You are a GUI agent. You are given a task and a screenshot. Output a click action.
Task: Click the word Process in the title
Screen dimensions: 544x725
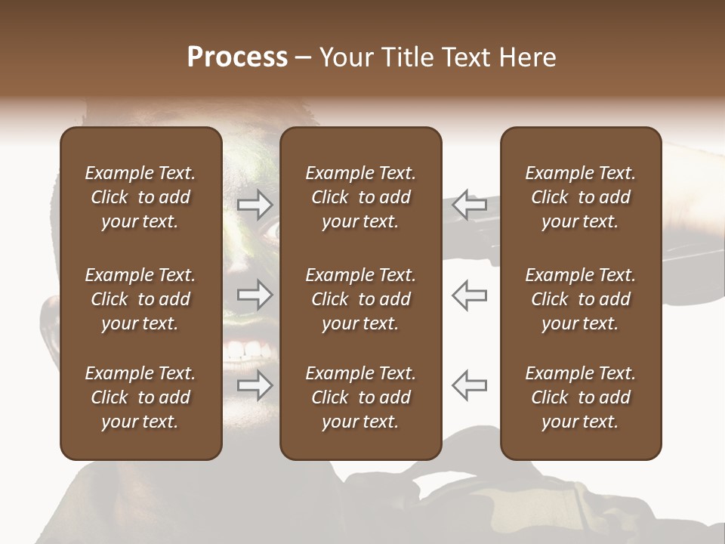click(x=237, y=57)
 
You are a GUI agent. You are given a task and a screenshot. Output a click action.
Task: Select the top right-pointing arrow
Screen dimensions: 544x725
click(x=255, y=204)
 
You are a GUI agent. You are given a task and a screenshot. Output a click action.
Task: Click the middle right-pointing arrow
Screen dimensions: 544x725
click(x=255, y=295)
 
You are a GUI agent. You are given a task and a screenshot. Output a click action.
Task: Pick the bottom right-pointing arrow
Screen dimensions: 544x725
click(x=255, y=385)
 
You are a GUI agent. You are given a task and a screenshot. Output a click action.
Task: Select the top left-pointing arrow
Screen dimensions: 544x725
click(x=470, y=204)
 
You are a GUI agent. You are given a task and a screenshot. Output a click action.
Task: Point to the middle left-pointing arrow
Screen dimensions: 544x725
click(x=470, y=295)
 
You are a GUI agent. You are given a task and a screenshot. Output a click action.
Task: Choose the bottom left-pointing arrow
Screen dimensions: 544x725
click(x=470, y=385)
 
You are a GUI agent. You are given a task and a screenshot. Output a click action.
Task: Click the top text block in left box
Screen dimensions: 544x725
click(x=140, y=197)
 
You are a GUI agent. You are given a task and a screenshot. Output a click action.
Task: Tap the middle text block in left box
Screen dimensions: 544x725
click(x=140, y=299)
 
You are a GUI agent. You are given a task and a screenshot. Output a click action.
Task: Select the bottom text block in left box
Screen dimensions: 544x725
click(x=140, y=397)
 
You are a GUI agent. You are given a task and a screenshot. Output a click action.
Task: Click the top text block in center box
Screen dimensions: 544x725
click(x=361, y=197)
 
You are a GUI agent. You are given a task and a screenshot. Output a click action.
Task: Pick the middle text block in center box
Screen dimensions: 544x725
click(x=361, y=299)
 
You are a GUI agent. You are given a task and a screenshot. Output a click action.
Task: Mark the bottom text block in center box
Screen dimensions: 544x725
click(x=361, y=397)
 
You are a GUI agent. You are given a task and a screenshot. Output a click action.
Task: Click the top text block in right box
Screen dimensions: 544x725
click(x=581, y=197)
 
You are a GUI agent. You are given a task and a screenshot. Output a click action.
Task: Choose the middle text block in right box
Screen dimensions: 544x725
click(x=581, y=299)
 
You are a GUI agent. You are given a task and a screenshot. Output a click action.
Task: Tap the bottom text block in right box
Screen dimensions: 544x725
click(x=581, y=397)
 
